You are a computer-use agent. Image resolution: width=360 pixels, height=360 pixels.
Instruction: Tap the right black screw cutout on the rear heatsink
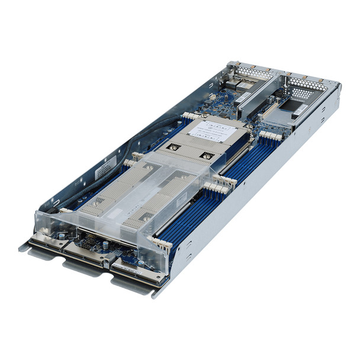click(x=207, y=156)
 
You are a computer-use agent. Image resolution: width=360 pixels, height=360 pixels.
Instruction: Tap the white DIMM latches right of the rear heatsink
click(x=269, y=137)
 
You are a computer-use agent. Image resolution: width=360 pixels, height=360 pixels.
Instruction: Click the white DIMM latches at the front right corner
click(x=163, y=243)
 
